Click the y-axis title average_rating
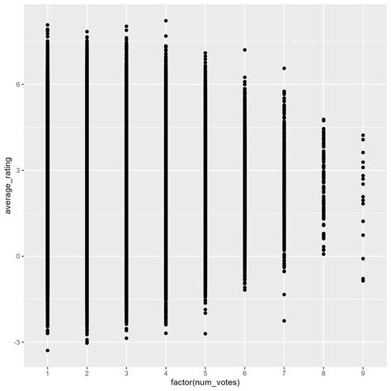pyautogui.click(x=9, y=183)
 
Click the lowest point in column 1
pyautogui.click(x=47, y=351)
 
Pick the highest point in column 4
pyautogui.click(x=166, y=21)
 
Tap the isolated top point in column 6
pyautogui.click(x=244, y=49)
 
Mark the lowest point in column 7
pyautogui.click(x=284, y=321)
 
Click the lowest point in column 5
pyautogui.click(x=205, y=333)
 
